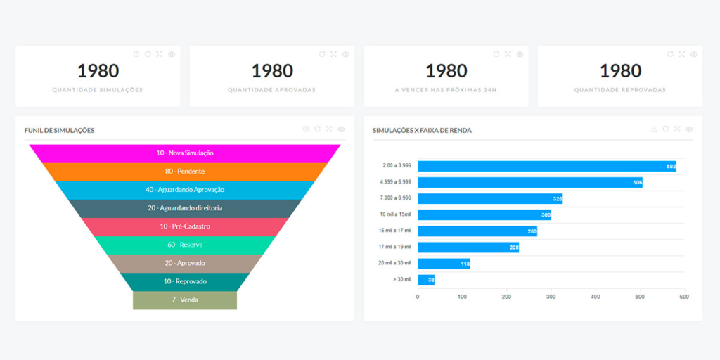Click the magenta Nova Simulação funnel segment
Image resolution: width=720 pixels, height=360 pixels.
[x=185, y=153]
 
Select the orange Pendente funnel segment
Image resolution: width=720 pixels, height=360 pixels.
[x=185, y=171]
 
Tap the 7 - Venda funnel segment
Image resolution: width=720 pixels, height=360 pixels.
[x=185, y=300]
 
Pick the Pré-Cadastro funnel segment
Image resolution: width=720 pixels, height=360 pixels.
[x=185, y=226]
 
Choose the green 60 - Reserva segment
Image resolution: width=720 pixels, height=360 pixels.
[x=185, y=245]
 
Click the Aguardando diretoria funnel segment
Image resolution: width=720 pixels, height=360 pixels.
[x=185, y=208]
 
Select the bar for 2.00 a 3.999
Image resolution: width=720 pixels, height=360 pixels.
[x=546, y=166]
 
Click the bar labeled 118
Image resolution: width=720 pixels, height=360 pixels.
[x=444, y=264]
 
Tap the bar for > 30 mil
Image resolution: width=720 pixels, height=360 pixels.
[x=426, y=280]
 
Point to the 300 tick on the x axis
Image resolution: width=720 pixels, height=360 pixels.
[x=551, y=297]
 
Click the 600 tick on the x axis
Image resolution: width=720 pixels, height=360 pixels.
[x=684, y=297]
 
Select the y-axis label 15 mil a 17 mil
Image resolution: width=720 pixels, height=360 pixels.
[x=395, y=231]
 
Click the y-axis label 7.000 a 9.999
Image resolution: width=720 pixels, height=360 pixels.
[x=394, y=198]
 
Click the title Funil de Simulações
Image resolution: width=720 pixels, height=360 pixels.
[x=59, y=130]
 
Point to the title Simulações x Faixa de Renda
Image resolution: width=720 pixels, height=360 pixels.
[x=422, y=130]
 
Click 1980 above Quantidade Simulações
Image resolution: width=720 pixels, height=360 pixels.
[x=98, y=71]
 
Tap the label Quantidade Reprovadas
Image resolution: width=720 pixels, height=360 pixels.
[x=620, y=90]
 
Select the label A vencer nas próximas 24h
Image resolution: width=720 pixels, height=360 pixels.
[x=446, y=90]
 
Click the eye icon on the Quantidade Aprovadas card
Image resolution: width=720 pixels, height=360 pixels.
[x=345, y=54]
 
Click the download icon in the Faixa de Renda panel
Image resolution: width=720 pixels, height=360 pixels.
[x=655, y=129]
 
